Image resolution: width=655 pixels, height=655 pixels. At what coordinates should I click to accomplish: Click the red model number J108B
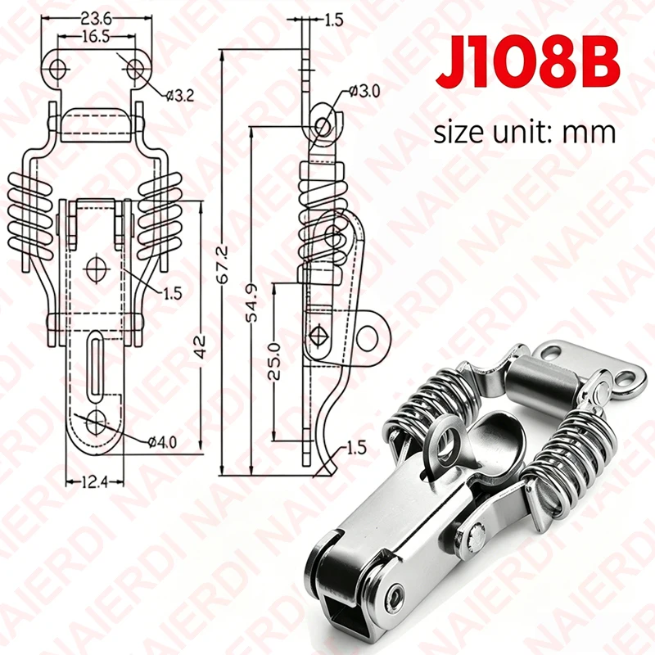(527, 63)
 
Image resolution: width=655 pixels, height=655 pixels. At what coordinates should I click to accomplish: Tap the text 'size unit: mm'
(525, 133)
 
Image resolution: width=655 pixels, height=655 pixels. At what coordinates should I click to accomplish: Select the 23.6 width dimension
(96, 19)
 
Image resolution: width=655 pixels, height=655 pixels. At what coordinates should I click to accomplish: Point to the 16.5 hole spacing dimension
(96, 37)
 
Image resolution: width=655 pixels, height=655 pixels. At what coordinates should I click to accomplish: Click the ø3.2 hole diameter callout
(179, 96)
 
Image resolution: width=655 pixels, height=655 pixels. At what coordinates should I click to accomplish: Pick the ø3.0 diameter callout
(364, 91)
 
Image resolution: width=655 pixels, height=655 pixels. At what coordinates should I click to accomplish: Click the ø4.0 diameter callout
(162, 441)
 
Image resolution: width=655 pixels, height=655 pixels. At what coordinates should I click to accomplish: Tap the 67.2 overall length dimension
(224, 264)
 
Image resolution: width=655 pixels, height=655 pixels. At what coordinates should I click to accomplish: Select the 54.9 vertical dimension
(252, 303)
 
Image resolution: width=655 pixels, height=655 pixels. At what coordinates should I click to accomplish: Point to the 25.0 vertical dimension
(273, 361)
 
